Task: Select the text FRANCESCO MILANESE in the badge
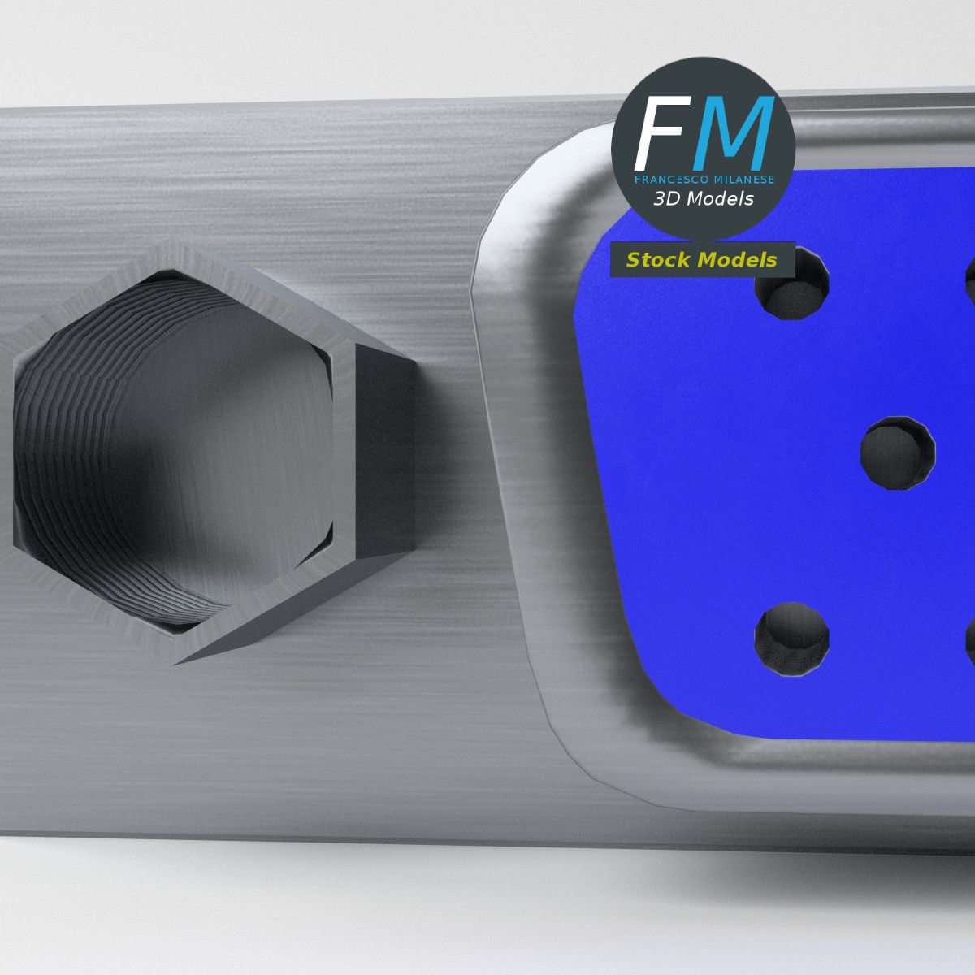(704, 180)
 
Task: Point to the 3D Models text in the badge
(704, 199)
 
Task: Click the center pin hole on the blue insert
(897, 453)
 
